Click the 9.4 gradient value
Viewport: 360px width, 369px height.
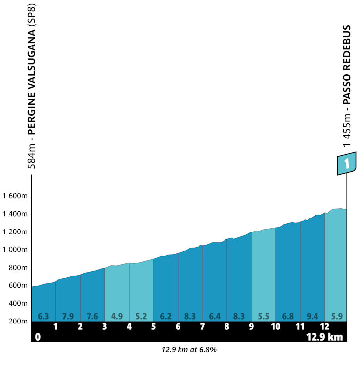[313, 315]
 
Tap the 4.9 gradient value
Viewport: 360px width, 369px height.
[117, 315]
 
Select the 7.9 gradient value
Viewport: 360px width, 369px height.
[68, 315]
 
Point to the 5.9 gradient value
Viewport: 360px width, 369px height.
[337, 315]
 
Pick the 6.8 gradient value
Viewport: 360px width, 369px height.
[288, 315]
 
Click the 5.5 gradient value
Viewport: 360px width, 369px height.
[264, 315]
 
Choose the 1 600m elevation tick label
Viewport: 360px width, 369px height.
[14, 196]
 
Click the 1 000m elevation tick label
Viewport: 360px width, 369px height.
[14, 250]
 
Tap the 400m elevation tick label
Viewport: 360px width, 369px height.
[17, 303]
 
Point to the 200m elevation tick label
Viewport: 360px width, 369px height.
[17, 321]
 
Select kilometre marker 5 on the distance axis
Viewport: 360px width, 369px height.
[153, 327]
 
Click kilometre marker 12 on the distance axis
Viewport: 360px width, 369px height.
[324, 327]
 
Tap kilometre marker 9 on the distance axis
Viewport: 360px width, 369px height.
[251, 327]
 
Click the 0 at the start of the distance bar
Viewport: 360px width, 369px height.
[37, 337]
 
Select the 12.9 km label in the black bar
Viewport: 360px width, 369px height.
[324, 337]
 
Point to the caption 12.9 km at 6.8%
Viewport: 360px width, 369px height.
[189, 350]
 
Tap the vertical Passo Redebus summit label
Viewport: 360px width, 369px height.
[347, 85]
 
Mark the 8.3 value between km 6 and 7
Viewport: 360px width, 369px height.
[190, 315]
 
